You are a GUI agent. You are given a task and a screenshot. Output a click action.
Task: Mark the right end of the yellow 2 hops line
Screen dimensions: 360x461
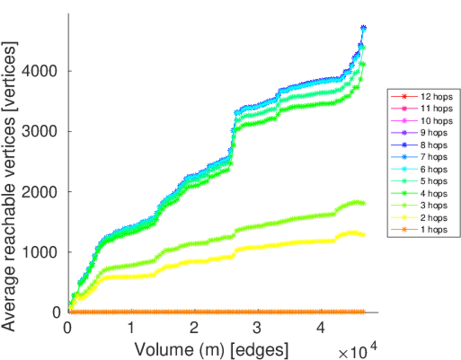(363, 235)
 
